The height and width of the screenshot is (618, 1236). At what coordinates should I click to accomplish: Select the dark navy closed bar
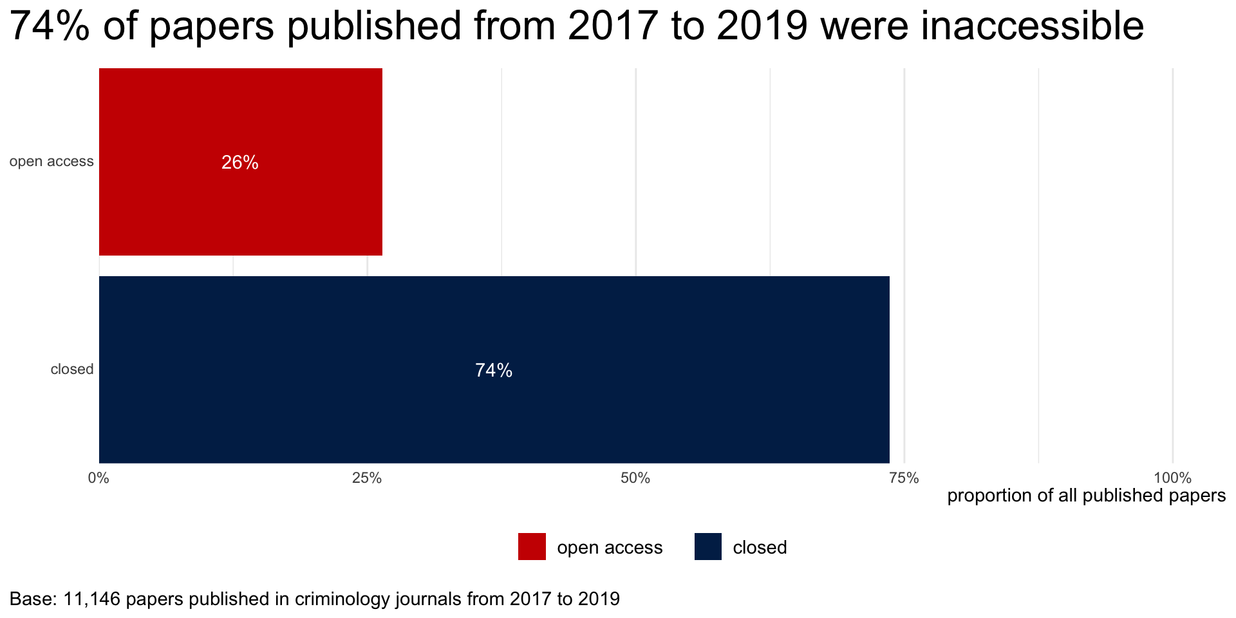(494, 412)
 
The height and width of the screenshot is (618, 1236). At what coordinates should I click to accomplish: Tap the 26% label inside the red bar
(240, 163)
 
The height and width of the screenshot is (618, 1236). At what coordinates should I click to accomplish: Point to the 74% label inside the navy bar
(494, 371)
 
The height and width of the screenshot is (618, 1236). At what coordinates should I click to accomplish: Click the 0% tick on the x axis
(98, 478)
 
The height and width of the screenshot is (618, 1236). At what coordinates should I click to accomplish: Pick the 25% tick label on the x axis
(367, 478)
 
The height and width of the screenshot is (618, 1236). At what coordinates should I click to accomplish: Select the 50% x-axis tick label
(635, 478)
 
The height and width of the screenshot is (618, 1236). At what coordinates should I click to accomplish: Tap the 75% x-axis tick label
(904, 478)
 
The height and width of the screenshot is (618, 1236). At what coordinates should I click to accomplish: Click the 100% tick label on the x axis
(1172, 478)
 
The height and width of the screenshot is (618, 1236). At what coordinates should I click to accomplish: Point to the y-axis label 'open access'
(51, 162)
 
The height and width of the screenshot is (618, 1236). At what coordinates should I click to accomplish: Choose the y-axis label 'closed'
(72, 370)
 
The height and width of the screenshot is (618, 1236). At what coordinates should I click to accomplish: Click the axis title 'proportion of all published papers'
(1086, 496)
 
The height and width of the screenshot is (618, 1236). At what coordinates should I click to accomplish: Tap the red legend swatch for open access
(532, 547)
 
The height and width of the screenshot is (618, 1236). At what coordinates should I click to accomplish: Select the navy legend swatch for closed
(708, 547)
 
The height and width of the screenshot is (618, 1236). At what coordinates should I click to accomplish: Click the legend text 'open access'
(610, 548)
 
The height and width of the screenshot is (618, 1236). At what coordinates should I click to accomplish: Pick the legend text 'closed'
(760, 548)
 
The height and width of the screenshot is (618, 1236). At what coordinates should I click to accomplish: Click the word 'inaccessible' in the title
(1032, 27)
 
